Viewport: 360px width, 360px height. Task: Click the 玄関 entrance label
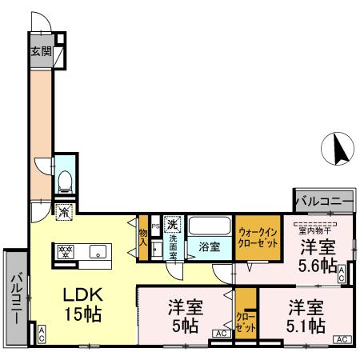[41, 52]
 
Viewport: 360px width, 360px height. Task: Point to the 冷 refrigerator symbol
[64, 212]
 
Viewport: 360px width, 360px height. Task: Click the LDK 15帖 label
[82, 304]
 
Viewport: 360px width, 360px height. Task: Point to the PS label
[155, 226]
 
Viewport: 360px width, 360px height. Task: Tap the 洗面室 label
[174, 246]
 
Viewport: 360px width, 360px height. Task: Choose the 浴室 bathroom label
[210, 247]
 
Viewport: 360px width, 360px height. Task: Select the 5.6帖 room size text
[318, 266]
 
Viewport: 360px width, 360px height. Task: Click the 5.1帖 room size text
[306, 326]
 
